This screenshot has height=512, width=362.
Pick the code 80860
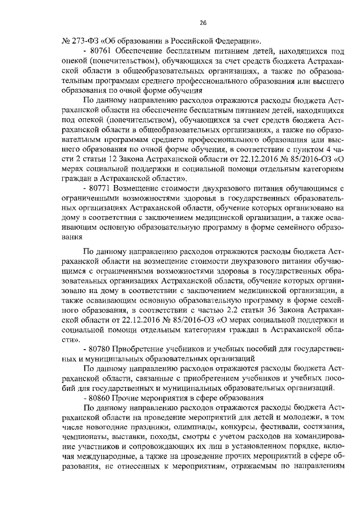(x=100, y=398)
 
